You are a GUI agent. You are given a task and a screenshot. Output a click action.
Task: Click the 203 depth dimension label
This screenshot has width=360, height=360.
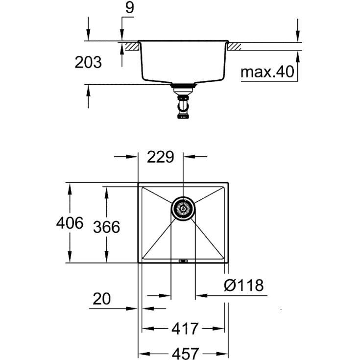[88, 62]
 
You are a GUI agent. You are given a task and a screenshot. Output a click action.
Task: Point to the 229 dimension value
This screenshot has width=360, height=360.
[161, 157]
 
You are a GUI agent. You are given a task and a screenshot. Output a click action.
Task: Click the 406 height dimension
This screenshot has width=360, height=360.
[70, 224]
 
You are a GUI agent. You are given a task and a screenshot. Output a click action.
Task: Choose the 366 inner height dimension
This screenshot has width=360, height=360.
[106, 227]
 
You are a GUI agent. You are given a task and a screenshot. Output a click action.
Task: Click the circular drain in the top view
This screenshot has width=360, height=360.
[183, 209]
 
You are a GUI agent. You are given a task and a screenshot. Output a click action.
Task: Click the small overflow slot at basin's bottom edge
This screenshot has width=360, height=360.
[183, 261]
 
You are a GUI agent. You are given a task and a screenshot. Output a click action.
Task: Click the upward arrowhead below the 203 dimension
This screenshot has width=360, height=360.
[88, 91]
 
